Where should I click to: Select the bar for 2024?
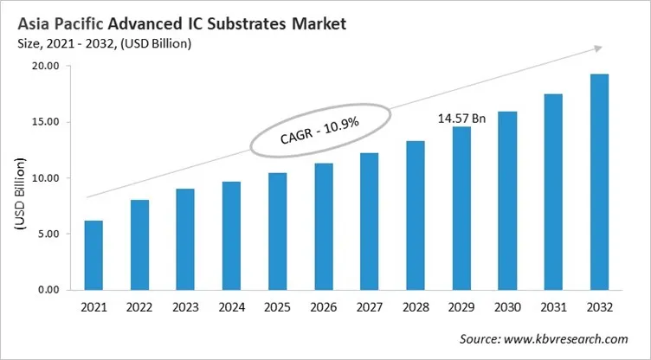[232, 235]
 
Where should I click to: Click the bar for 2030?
[508, 200]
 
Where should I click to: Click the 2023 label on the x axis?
[185, 306]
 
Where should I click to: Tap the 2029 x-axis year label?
[461, 306]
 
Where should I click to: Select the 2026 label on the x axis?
[324, 306]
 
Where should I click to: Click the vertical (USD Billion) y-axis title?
[20, 193]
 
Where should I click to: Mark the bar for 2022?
[139, 245]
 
